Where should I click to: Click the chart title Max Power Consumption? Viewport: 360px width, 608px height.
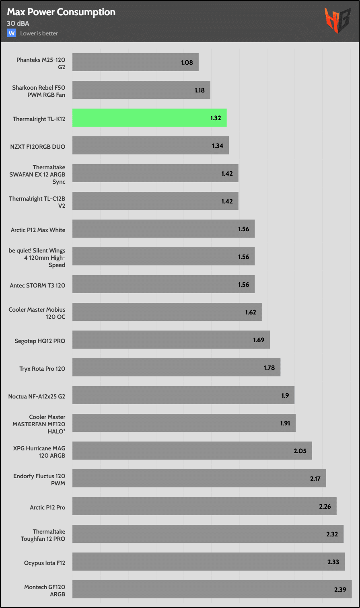(x=61, y=12)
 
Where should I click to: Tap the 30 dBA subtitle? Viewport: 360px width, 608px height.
(x=18, y=23)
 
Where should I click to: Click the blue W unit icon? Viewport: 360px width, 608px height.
(x=12, y=33)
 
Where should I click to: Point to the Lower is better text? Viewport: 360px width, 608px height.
(x=39, y=33)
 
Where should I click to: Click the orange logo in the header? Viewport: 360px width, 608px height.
(x=338, y=21)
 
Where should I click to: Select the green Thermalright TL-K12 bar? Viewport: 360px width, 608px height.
(x=149, y=118)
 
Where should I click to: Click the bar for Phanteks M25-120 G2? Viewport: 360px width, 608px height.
(x=135, y=62)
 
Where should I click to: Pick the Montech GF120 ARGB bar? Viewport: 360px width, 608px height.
(x=212, y=590)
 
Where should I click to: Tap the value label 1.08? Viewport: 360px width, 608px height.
(x=187, y=63)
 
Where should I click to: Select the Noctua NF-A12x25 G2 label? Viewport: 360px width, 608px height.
(x=37, y=396)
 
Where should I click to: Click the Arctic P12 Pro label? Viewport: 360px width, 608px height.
(x=47, y=507)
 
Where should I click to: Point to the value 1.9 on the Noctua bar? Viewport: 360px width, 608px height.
(x=285, y=395)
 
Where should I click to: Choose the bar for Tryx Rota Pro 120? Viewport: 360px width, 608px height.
(x=176, y=368)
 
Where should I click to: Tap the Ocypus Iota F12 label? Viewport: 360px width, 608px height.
(x=44, y=563)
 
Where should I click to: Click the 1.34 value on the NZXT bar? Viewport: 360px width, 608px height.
(x=218, y=146)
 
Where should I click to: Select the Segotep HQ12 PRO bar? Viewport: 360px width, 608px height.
(x=171, y=340)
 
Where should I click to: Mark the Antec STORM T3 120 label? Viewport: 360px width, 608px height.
(x=37, y=285)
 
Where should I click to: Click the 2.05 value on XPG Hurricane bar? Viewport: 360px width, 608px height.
(x=300, y=451)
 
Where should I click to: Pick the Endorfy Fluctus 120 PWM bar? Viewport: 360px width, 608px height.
(x=199, y=479)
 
